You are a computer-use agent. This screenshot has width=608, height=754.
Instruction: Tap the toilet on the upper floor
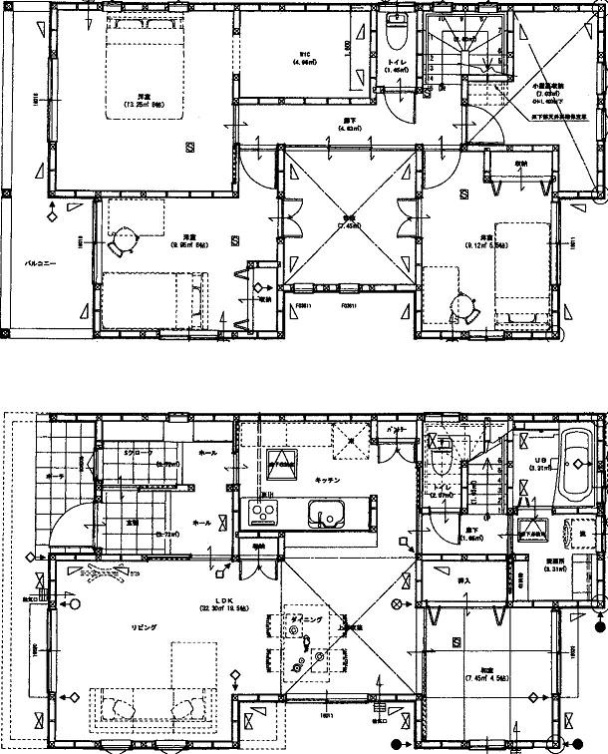pyautogui.click(x=394, y=34)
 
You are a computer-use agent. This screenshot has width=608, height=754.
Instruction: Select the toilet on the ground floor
pyautogui.click(x=440, y=463)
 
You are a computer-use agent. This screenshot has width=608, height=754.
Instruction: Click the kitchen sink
pyautogui.click(x=325, y=515)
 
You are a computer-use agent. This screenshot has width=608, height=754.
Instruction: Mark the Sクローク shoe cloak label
pyautogui.click(x=136, y=452)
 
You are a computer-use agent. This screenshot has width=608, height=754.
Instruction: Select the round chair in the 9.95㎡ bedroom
pyautogui.click(x=127, y=239)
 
